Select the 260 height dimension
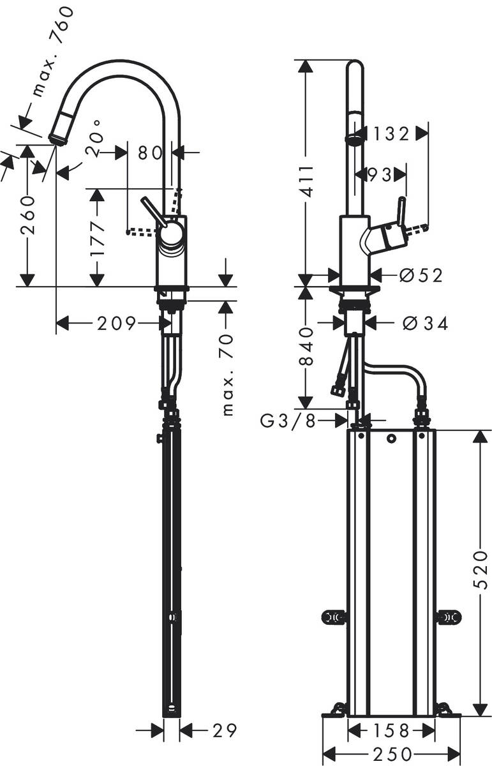click(27, 215)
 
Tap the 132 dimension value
click(391, 133)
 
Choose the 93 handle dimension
click(378, 174)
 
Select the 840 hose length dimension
click(306, 349)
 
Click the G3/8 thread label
click(287, 421)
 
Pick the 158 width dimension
click(391, 730)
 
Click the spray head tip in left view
click(56, 138)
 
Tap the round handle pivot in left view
click(170, 235)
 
